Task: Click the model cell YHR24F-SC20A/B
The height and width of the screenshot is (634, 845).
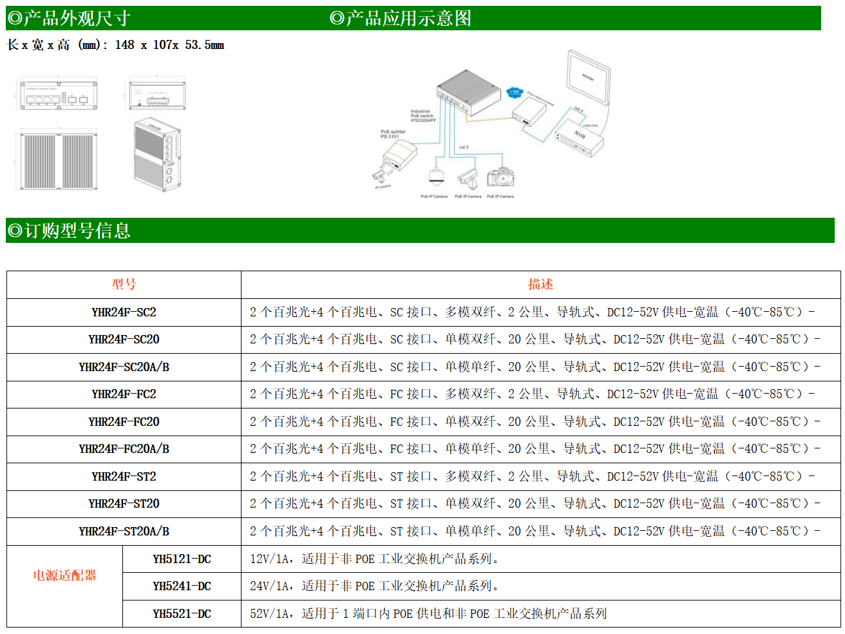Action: pyautogui.click(x=124, y=367)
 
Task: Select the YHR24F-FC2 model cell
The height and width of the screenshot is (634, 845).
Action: pyautogui.click(x=124, y=394)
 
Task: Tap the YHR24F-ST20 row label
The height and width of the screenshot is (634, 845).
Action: pyautogui.click(x=124, y=504)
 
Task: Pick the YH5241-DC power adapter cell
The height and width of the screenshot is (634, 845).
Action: pyautogui.click(x=182, y=586)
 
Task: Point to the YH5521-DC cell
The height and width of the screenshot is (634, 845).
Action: pyautogui.click(x=182, y=614)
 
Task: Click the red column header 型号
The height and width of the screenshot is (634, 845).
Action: pyautogui.click(x=124, y=284)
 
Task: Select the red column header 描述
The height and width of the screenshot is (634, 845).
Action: pyautogui.click(x=540, y=284)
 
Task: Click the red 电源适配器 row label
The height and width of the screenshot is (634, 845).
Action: pyautogui.click(x=64, y=575)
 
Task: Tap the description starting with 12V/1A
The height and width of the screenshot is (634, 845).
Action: pyautogui.click(x=374, y=559)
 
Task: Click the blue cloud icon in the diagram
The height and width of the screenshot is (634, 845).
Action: pyautogui.click(x=515, y=93)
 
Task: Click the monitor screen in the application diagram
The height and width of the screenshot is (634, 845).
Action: pyautogui.click(x=588, y=77)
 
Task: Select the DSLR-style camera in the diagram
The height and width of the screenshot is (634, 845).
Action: pyautogui.click(x=500, y=177)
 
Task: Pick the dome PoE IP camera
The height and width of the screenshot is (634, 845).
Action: pyautogui.click(x=435, y=176)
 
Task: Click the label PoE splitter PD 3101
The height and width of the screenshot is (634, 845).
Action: pyautogui.click(x=393, y=134)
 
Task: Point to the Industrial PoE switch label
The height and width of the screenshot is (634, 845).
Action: pyautogui.click(x=422, y=116)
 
